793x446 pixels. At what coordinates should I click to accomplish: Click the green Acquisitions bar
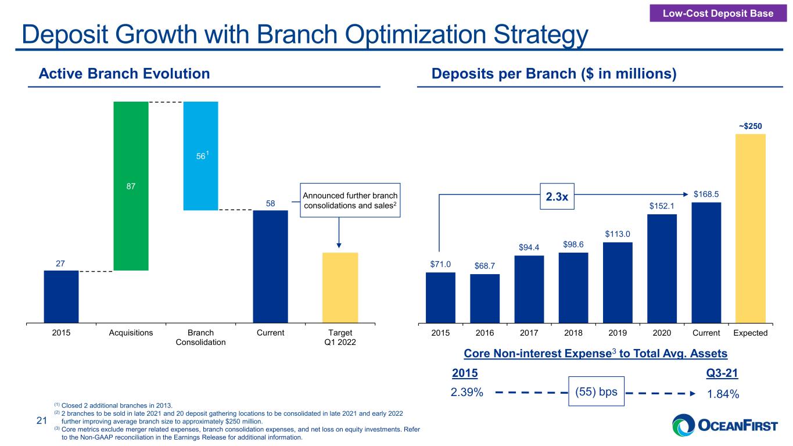point(131,186)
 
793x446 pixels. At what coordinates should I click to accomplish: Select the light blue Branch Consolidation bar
point(201,156)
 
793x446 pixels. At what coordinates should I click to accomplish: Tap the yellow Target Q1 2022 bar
point(340,287)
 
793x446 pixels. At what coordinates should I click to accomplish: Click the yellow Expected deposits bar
point(751,228)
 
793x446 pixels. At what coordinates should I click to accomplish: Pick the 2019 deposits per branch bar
point(618,282)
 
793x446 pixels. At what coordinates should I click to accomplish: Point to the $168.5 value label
point(706,194)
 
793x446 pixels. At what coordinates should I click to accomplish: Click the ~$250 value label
point(750,126)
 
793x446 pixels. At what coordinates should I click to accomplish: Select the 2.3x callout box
point(557,196)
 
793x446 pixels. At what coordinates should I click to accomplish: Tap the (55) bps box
point(596,391)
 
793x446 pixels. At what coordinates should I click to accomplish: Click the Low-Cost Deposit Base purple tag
point(718,13)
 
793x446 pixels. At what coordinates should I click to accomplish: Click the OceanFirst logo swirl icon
point(684,425)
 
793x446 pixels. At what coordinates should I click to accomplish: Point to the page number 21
point(42,420)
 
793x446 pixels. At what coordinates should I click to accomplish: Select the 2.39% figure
point(467,392)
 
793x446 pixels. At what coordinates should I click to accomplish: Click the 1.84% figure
point(723,394)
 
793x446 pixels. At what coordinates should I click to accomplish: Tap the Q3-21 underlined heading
point(722,373)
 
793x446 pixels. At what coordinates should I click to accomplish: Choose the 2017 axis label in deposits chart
point(529,333)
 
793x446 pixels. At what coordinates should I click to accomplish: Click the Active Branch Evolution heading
point(124,74)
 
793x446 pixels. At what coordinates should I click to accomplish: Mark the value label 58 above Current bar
point(271,203)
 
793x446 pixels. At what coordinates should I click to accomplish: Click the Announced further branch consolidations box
point(350,200)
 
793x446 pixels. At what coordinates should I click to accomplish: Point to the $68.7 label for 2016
point(485,266)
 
